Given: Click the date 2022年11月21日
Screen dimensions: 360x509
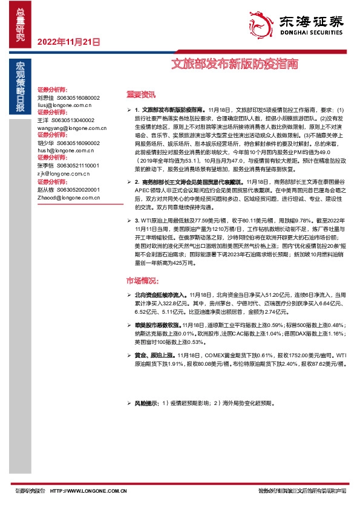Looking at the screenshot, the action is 68,43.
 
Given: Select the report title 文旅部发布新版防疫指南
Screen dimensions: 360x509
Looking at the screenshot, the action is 234,62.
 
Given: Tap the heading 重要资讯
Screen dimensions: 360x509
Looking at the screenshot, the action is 141,94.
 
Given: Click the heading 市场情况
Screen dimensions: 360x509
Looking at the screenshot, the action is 142,280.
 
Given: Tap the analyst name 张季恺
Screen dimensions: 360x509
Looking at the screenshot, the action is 45,166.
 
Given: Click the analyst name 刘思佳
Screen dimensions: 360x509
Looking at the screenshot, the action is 45,97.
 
